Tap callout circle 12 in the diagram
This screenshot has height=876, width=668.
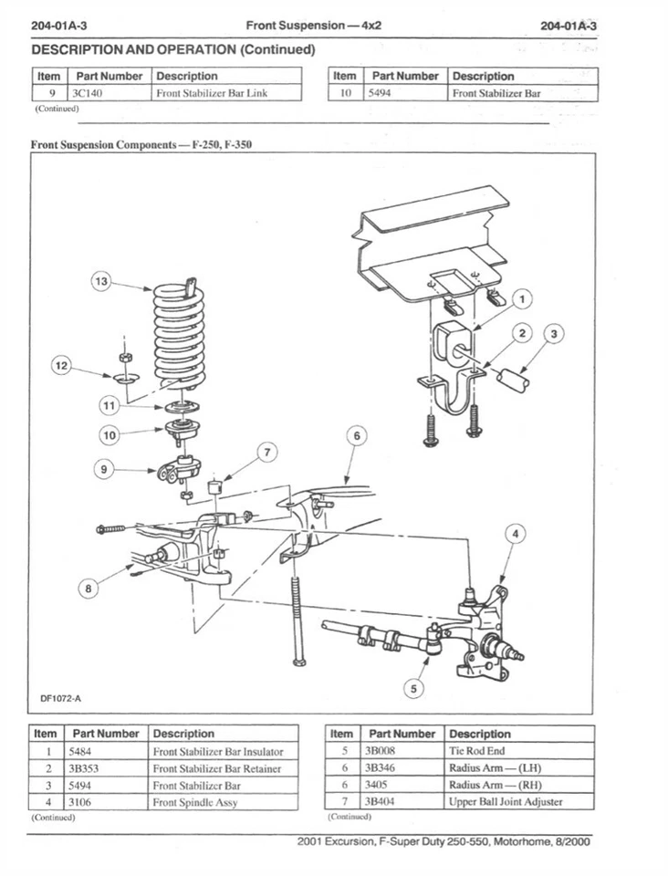61,367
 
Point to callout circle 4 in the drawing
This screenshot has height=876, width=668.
517,534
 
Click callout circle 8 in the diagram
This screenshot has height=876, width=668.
88,589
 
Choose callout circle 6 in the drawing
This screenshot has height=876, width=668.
357,437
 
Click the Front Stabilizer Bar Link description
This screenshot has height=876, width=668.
212,93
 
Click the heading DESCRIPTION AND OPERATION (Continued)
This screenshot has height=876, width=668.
173,49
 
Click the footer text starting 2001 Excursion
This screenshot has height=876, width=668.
444,841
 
